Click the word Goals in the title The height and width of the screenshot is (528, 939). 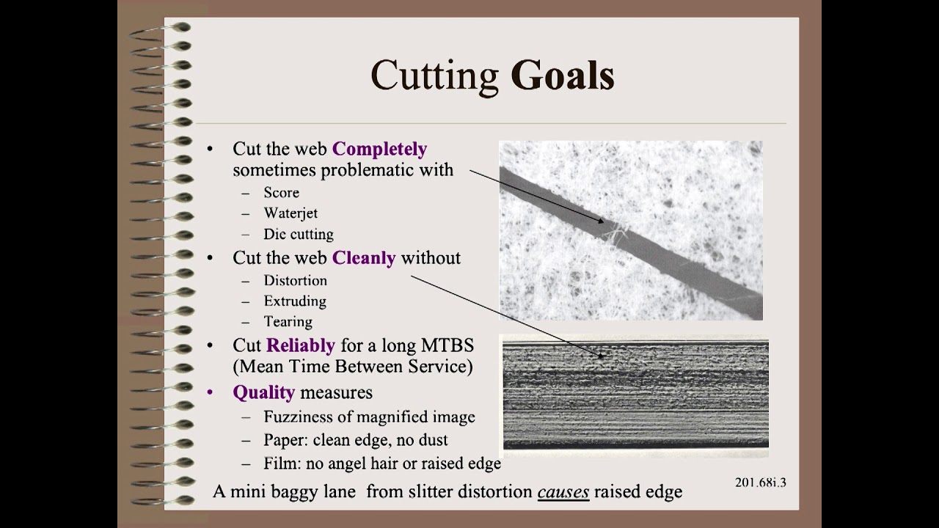[563, 76]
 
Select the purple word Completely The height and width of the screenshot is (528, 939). [379, 149]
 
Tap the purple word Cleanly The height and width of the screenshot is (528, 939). [364, 258]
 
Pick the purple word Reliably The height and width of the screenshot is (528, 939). [301, 345]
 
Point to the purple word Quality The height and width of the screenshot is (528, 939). [263, 392]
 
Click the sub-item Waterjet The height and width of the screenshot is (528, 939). [291, 213]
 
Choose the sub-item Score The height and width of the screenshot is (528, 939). [282, 193]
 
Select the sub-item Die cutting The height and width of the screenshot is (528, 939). [299, 235]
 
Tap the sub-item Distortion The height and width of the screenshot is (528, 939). [295, 281]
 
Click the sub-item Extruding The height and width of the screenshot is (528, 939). [295, 301]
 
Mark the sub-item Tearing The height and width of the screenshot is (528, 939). [288, 322]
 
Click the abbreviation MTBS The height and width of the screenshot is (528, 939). [447, 345]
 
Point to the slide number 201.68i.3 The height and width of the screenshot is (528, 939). [760, 483]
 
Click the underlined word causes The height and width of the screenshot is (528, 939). [563, 491]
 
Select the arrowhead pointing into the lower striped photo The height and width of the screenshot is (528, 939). [602, 356]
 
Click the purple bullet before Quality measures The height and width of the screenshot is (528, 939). [211, 392]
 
